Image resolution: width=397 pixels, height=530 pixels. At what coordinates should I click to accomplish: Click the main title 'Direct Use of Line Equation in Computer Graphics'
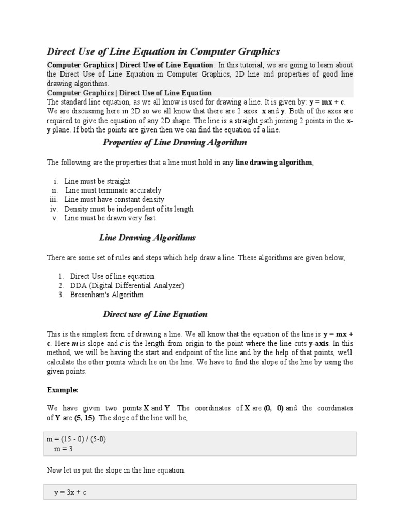(163, 51)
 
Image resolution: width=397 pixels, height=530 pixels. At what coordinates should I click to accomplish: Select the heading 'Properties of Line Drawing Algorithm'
(175, 142)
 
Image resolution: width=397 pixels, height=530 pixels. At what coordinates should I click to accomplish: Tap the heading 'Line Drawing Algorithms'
(147, 238)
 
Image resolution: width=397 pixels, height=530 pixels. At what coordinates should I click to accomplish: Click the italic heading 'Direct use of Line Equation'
(155, 314)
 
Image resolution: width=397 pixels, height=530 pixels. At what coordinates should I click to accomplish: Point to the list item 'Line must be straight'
(97, 181)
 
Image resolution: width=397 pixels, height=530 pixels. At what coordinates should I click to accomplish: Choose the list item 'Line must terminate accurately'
(113, 190)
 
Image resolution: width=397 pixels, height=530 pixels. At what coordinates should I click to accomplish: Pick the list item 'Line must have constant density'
(114, 200)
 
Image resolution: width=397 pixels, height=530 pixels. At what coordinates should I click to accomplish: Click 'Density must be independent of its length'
(129, 209)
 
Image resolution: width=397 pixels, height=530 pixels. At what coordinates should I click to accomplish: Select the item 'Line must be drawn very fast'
(110, 218)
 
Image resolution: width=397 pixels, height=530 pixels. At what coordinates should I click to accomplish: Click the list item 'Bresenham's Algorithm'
(107, 295)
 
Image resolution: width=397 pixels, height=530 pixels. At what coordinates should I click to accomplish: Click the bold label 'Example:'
(62, 389)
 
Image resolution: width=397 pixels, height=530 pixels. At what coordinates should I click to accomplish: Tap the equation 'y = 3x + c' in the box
(70, 492)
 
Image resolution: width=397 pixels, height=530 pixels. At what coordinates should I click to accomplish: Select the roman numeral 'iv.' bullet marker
(53, 209)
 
